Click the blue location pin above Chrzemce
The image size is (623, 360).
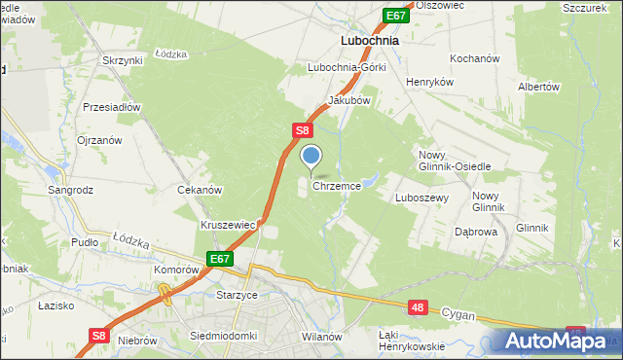pos(311,157)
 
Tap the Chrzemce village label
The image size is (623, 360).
pos(337,185)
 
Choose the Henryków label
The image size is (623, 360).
pos(430,83)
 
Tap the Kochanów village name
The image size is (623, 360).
pos(474,58)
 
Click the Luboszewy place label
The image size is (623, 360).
pos(421,197)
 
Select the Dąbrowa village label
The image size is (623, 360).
pos(477,233)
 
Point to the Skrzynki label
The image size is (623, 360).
pos(123,60)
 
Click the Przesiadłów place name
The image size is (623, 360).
pos(113,107)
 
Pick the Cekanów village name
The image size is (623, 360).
pos(200,191)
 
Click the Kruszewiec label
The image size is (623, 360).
pos(228,225)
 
